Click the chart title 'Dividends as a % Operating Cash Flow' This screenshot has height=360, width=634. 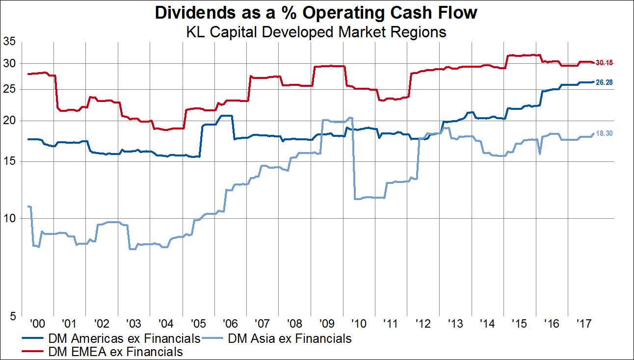tap(316, 13)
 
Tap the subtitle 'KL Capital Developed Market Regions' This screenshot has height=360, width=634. tap(316, 32)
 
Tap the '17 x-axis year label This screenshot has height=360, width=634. tap(583, 324)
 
